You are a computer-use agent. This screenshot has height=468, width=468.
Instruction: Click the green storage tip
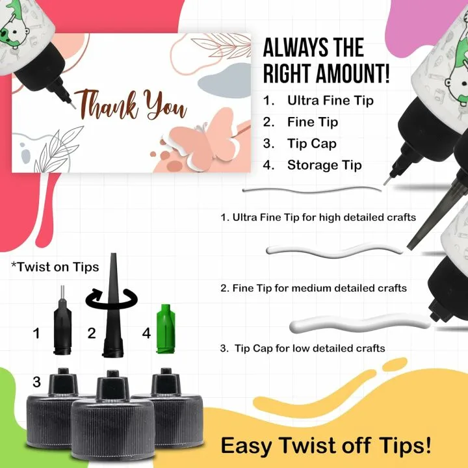pos(166,329)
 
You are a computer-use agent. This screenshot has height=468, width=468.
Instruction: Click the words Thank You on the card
pos(131,105)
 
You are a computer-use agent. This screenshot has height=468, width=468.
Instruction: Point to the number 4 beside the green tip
pos(146,333)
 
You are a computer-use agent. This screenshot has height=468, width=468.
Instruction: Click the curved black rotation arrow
pos(111,299)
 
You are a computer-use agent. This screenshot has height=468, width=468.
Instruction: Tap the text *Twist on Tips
pos(55,267)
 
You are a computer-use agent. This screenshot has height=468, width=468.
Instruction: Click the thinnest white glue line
pos(312,190)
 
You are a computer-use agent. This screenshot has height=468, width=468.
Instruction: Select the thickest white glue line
pos(359,324)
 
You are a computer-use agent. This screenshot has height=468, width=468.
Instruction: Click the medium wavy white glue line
pos(334,252)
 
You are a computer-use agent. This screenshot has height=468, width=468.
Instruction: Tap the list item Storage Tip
pos(324,165)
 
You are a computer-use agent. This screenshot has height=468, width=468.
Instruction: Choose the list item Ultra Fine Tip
pos(330,101)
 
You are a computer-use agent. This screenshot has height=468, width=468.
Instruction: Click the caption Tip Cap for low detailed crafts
pos(309,348)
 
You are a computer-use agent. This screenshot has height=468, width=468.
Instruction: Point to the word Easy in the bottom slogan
pos(246,446)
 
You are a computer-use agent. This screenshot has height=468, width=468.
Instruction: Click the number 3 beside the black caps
pos(36,382)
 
